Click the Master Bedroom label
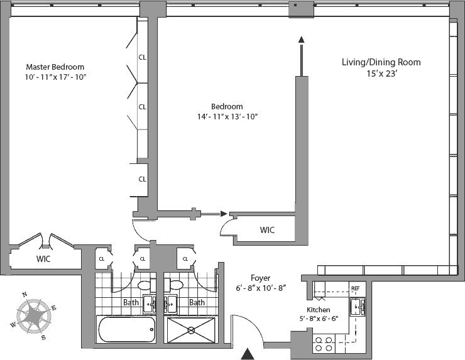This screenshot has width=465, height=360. pos(55,67)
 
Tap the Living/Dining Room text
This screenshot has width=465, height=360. pos(381,62)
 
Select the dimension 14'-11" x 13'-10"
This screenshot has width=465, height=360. pos(227,116)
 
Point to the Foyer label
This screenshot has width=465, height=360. pos(260,278)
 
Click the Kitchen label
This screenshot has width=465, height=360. pos(318,310)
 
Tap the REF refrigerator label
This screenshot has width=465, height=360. pos(355,288)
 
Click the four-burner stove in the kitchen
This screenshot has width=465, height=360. pos(324,344)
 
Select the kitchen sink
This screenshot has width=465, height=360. pos(358,307)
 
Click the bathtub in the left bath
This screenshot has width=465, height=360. pos(126,329)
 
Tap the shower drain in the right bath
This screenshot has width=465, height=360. pos(191,330)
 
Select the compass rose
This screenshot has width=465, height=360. pos(33,316)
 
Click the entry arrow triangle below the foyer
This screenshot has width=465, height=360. pos(248,354)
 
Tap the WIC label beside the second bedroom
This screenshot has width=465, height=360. pos(267,230)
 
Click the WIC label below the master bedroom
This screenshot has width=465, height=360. pos(43,259)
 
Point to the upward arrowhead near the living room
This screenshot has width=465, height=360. pos(301,40)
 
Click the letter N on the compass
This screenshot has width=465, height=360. pos(25,295)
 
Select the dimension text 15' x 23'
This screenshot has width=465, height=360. pos(381,74)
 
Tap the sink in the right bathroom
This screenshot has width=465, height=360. pos(170,304)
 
